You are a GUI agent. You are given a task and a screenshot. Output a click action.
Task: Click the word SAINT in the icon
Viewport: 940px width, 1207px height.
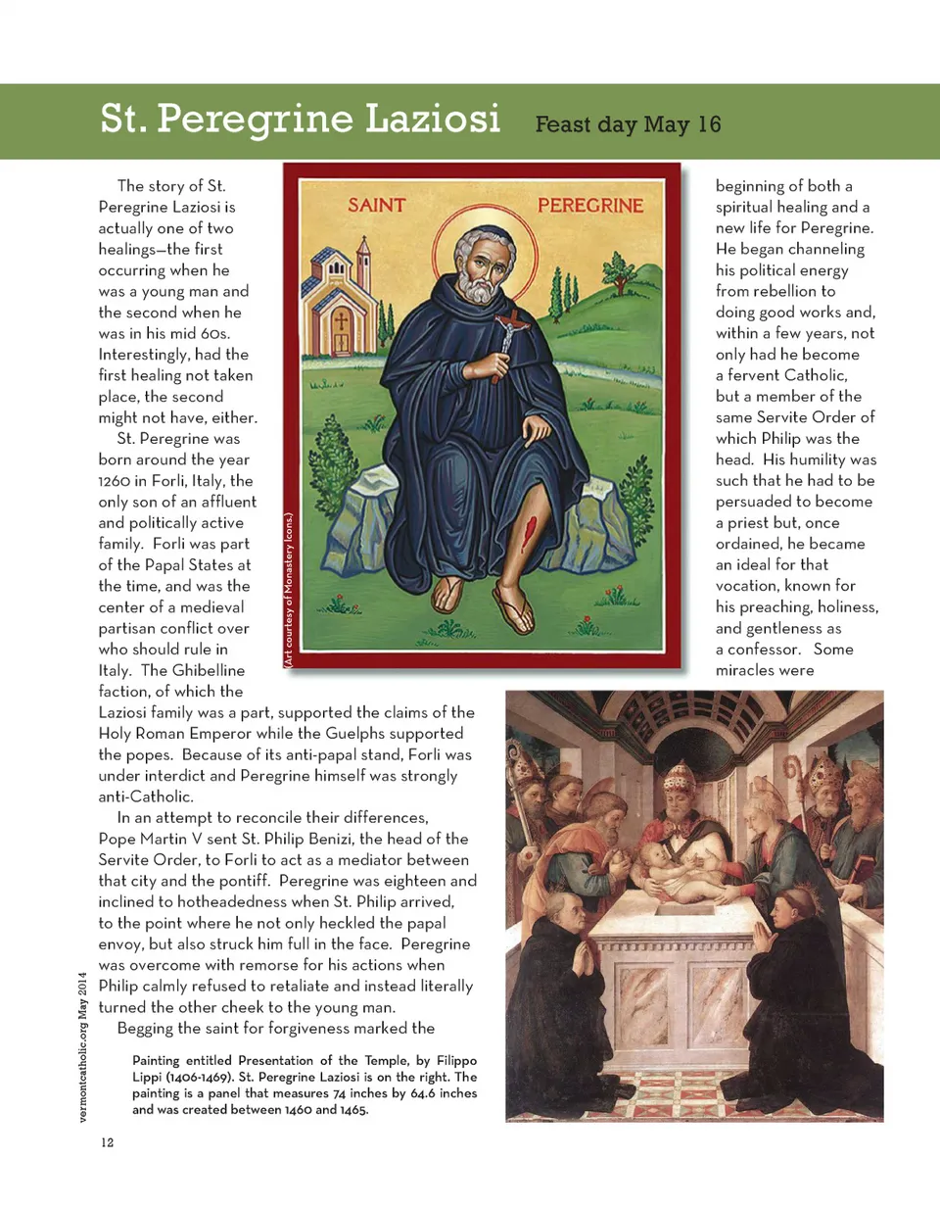click(x=376, y=206)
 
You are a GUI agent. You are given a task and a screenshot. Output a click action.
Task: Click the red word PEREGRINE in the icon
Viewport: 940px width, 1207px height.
click(x=591, y=206)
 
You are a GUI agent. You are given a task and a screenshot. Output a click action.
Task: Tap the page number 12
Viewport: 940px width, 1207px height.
click(x=107, y=1142)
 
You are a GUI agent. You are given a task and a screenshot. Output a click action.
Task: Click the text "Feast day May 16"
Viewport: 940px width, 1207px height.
click(x=628, y=124)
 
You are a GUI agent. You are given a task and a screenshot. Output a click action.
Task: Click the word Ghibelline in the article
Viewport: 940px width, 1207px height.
click(x=209, y=670)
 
